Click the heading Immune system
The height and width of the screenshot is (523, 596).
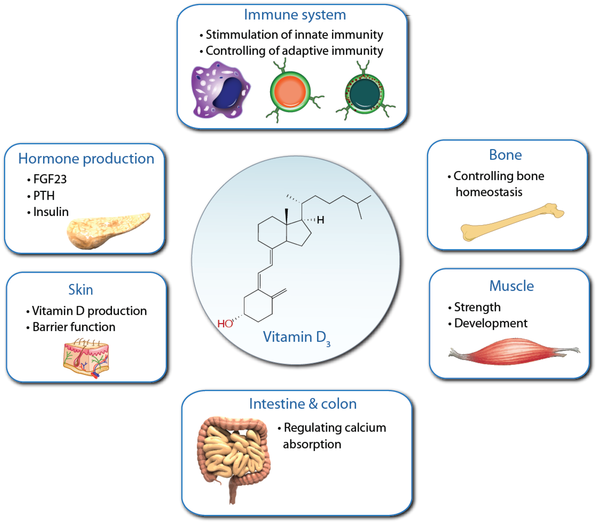[295, 15]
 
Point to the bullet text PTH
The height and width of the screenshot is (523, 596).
[44, 196]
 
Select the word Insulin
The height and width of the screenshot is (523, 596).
[51, 212]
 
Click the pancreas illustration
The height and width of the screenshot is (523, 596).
[105, 231]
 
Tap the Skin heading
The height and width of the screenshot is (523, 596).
[81, 290]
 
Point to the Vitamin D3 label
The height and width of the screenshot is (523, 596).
[296, 337]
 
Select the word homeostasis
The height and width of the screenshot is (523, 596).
[489, 192]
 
